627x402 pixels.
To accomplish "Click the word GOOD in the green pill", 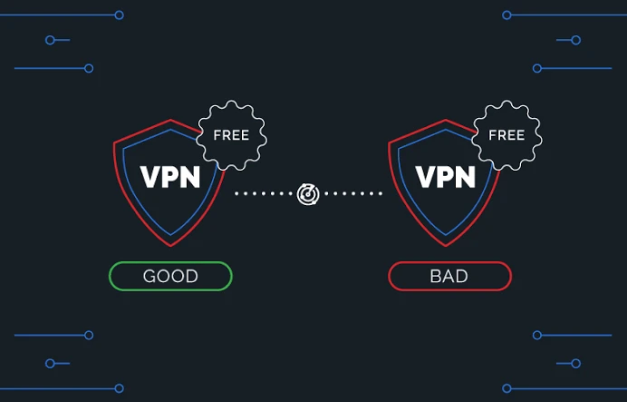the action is [170, 276].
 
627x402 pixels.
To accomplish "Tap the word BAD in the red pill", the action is [449, 276].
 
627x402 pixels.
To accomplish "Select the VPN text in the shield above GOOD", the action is [170, 177].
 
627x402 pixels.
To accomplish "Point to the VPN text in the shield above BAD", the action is [446, 177].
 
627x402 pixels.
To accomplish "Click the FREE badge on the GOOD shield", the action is [232, 135].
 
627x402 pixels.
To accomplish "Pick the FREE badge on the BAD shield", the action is [507, 135].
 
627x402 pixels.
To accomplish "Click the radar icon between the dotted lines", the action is [308, 194].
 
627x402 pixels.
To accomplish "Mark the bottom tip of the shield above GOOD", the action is [170, 246].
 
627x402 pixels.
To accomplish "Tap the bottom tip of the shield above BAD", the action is [446, 246].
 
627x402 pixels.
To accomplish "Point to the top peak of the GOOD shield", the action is [170, 119].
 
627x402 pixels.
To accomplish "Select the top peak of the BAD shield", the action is [446, 119].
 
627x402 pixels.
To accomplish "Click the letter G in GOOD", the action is [150, 276].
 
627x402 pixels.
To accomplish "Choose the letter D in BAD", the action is [461, 276].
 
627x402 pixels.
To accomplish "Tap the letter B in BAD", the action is [435, 276].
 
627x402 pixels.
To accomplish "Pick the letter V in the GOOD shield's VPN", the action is [150, 177].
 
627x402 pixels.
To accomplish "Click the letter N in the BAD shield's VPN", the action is [467, 177].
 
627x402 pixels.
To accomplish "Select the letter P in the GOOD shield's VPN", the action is [169, 177].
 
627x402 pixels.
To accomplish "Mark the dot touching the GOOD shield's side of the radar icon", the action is [291, 194].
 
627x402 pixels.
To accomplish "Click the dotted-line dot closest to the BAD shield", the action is [381, 194].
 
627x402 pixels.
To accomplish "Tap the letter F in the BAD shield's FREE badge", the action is [493, 135].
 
